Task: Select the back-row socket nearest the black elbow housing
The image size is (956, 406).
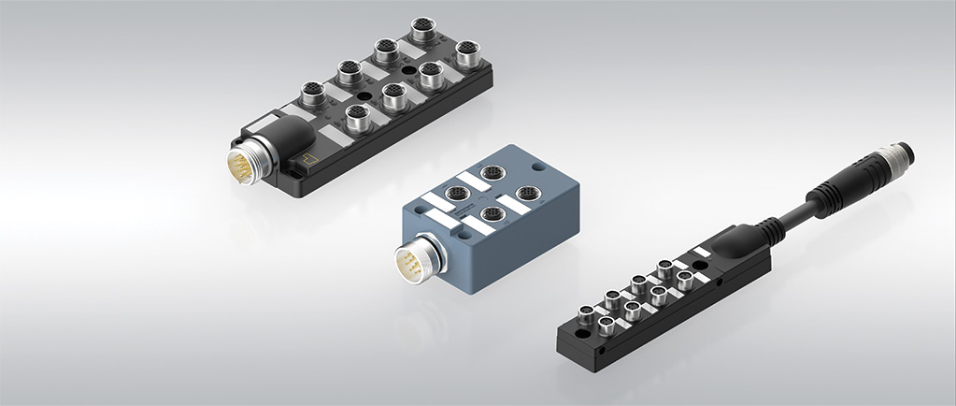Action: [x=312, y=92]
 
